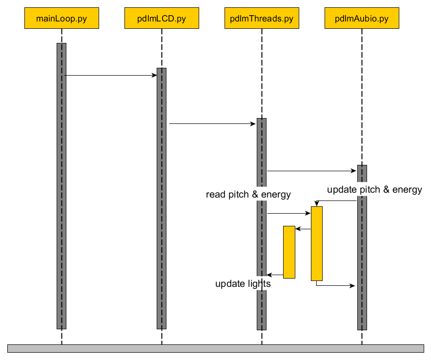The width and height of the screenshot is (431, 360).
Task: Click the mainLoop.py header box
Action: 62,19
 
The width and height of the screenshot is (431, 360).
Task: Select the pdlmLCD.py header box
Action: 162,19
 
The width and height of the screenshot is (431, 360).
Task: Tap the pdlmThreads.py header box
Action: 262,19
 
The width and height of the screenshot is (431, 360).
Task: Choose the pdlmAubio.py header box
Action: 362,19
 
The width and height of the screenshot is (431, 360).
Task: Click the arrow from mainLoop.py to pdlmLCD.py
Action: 111,76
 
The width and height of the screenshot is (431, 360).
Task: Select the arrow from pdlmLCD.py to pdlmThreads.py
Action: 212,124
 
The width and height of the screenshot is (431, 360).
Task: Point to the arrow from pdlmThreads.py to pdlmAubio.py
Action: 312,171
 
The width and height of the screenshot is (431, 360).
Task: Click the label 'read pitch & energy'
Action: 248,195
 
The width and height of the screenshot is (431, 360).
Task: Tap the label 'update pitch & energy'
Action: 374,190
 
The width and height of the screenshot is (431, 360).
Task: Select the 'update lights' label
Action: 243,283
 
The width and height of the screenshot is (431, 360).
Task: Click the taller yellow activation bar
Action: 317,244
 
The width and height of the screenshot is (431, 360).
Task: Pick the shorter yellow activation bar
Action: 289,252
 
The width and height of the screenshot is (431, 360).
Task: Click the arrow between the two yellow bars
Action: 303,229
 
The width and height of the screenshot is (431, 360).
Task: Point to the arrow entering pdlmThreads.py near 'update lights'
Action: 275,275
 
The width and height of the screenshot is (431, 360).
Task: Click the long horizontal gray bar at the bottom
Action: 215,348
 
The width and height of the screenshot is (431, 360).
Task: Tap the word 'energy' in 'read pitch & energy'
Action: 276,195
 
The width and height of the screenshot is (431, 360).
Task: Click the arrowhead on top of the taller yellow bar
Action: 317,203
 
